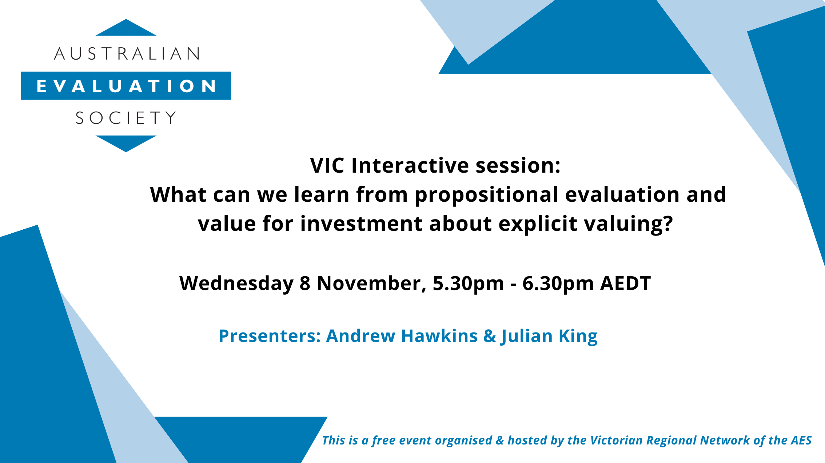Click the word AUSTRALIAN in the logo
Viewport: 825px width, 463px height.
[127, 54]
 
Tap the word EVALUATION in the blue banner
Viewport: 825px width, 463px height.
[126, 86]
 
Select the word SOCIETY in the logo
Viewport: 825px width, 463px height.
[126, 118]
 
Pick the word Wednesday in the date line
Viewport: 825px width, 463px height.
[236, 283]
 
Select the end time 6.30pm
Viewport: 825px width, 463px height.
[558, 283]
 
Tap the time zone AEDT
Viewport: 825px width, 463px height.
[625, 283]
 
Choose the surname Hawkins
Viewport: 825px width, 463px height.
[439, 336]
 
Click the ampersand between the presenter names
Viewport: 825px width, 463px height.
[490, 336]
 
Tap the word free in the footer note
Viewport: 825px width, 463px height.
[383, 440]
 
